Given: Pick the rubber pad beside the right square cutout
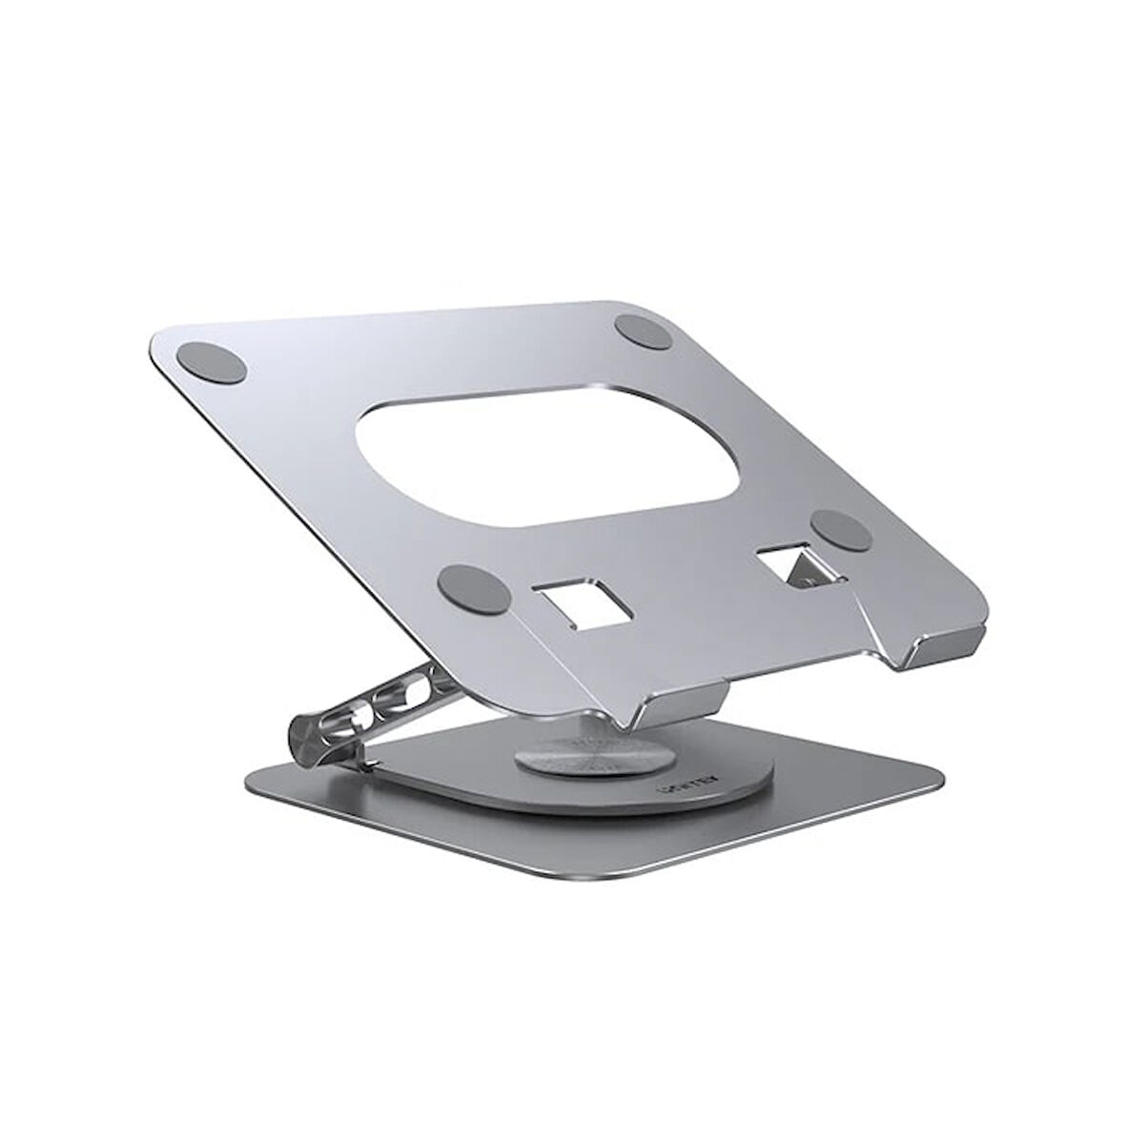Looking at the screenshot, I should [x=839, y=529].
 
